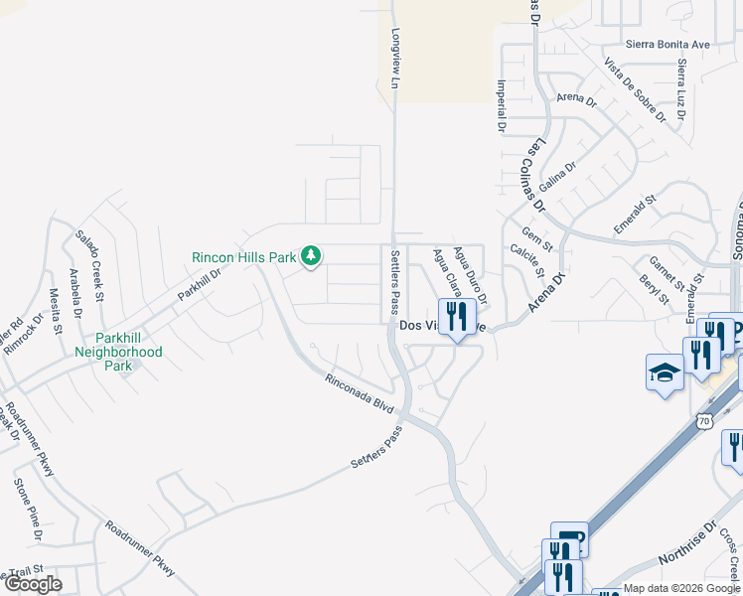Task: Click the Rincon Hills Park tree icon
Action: (x=311, y=256)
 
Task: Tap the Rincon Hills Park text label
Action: (x=244, y=257)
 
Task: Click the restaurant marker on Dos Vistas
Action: (x=457, y=318)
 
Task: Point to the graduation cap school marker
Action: (x=665, y=373)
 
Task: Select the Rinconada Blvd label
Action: (x=360, y=393)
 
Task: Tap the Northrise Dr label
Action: (x=686, y=547)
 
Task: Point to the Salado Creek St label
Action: (x=89, y=260)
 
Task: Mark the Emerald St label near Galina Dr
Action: (x=636, y=214)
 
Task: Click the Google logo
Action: (x=33, y=584)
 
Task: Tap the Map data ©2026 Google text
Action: (x=681, y=588)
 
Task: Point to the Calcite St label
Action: (x=525, y=262)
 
